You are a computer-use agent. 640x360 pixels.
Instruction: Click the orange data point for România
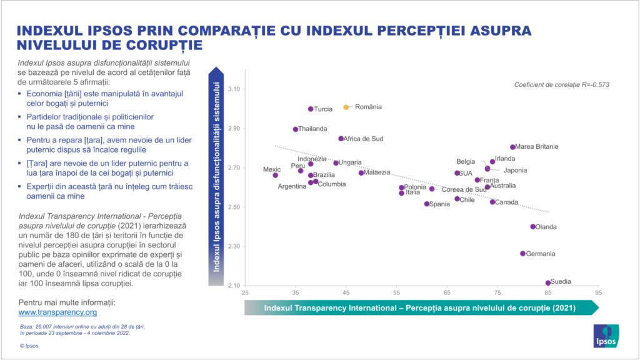click(346, 107)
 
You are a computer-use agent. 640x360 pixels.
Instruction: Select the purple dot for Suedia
click(548, 283)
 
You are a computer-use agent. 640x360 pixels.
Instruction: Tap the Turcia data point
click(311, 109)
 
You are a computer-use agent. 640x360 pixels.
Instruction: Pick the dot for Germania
click(523, 254)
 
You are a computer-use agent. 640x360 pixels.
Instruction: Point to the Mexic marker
click(275, 175)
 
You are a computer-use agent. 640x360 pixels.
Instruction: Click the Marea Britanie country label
click(537, 147)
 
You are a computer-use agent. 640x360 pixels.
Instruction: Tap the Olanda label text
click(546, 227)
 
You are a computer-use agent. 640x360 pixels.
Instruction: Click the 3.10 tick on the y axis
click(234, 89)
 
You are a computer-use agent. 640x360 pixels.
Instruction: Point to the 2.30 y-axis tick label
click(234, 246)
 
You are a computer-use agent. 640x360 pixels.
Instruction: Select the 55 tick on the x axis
click(397, 292)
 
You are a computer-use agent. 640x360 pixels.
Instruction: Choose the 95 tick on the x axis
click(599, 292)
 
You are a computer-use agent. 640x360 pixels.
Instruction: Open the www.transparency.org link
click(57, 312)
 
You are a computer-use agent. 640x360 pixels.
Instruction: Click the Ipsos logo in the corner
click(606, 336)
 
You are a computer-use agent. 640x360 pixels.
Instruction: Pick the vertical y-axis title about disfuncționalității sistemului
click(217, 177)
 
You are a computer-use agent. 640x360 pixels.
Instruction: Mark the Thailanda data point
click(296, 129)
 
